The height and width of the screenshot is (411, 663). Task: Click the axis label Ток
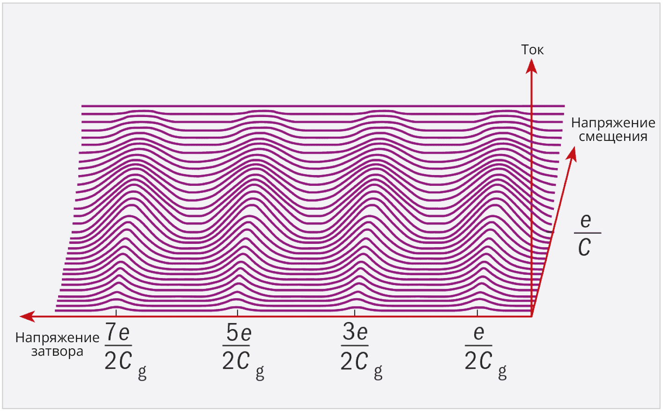click(532, 50)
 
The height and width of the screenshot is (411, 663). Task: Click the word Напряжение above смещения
click(613, 123)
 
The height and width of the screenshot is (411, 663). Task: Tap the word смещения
click(613, 137)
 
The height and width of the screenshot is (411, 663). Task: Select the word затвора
click(57, 352)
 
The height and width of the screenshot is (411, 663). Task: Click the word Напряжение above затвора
click(57, 338)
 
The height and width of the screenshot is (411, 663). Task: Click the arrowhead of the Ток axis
click(532, 66)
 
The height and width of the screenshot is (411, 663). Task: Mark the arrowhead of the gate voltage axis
click(27, 316)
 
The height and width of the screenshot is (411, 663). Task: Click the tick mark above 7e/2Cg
click(116, 313)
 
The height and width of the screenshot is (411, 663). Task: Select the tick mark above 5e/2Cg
click(238, 313)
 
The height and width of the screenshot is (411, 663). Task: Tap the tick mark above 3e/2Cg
click(355, 313)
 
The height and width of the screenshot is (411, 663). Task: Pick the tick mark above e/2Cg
click(477, 313)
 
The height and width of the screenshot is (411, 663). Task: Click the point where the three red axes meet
click(532, 316)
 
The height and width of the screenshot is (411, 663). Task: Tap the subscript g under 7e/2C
click(142, 373)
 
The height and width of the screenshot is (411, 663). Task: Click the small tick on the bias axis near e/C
click(550, 232)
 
